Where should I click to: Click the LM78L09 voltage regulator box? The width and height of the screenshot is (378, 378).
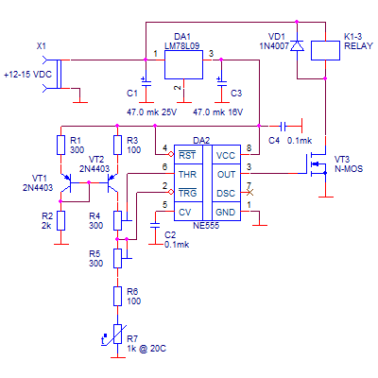click(x=183, y=64)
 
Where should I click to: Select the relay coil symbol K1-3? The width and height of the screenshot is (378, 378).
click(x=325, y=50)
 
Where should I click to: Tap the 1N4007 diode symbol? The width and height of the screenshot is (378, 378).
click(x=297, y=46)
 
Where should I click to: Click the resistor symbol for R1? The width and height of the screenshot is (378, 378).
click(x=61, y=145)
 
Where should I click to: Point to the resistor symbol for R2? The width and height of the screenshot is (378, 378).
click(x=61, y=220)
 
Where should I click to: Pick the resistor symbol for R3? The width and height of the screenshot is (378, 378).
click(x=117, y=145)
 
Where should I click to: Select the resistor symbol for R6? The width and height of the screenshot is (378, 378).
click(x=117, y=296)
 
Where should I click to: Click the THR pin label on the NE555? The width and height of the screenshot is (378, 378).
click(x=187, y=174)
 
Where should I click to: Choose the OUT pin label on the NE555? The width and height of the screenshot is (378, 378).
click(x=226, y=174)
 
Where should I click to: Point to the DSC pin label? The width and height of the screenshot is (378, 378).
click(x=226, y=193)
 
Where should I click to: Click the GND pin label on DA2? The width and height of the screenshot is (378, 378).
click(x=226, y=213)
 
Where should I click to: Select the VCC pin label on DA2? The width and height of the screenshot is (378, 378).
click(x=226, y=155)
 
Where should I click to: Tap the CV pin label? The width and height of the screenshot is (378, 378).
click(x=185, y=213)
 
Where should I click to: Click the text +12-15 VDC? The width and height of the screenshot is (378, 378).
click(x=27, y=75)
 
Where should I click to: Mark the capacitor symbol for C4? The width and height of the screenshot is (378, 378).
click(x=283, y=127)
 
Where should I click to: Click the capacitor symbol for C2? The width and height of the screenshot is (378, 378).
click(x=155, y=225)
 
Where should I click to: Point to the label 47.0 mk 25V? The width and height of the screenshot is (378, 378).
click(x=152, y=112)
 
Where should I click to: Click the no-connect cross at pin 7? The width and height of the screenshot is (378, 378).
click(x=249, y=192)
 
